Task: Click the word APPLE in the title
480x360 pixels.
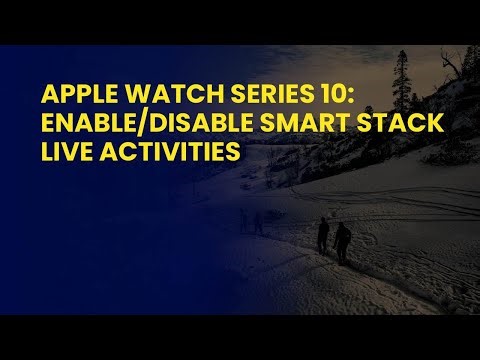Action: point(72,96)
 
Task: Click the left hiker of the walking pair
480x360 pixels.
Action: point(323,236)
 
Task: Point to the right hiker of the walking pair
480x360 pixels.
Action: point(342,240)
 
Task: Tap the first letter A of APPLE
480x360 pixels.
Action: point(47,96)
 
